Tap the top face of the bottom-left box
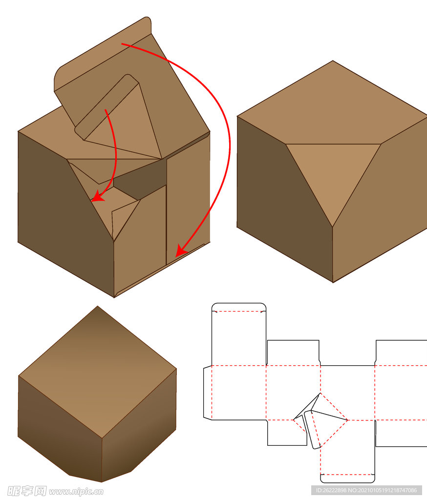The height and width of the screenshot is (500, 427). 98,372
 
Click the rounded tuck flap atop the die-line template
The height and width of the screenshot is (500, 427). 239,307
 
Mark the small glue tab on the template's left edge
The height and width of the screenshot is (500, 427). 208,393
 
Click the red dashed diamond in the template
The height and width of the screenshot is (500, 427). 320,420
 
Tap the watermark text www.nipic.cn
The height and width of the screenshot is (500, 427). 76,492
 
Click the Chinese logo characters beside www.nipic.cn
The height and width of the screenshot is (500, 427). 27,491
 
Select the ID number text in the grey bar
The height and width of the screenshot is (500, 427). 366,490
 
